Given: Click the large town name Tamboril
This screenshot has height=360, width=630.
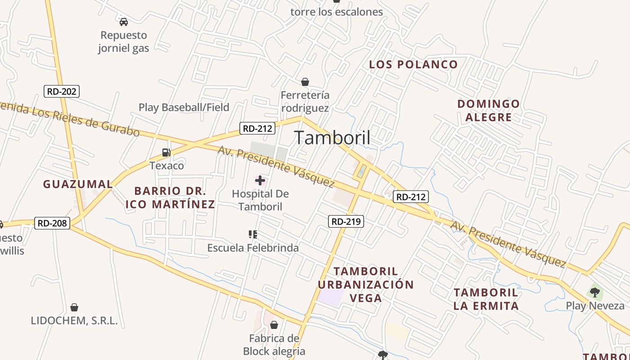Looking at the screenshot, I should [x=332, y=138].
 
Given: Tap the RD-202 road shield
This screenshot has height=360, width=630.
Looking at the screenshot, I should [x=62, y=91].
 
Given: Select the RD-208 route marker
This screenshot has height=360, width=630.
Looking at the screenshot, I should [x=52, y=223].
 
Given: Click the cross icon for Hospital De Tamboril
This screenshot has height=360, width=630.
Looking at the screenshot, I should [x=260, y=181].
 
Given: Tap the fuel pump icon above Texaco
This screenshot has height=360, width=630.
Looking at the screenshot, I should [x=166, y=153].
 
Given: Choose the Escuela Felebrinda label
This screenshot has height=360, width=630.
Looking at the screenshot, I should [x=252, y=247].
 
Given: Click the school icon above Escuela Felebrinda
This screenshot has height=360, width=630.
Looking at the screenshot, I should [x=253, y=234].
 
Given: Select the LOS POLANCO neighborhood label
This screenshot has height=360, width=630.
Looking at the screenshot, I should [x=413, y=64].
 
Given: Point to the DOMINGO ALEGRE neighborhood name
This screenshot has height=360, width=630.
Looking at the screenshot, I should [x=488, y=110].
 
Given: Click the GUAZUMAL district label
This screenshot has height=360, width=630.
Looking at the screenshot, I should [x=78, y=184].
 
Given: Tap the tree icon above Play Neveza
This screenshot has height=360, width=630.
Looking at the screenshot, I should [x=595, y=292].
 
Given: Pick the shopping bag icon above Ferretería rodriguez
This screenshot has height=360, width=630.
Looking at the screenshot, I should [x=305, y=82].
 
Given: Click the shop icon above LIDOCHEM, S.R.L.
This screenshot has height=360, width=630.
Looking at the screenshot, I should [x=74, y=308].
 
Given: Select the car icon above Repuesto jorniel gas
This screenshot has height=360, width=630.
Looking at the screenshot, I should [x=124, y=22].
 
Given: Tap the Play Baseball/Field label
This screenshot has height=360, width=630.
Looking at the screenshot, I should [x=184, y=107].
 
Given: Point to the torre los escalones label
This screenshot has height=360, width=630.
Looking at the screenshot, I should [x=337, y=12].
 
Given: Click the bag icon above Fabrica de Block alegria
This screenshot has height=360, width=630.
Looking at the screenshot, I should [x=274, y=325].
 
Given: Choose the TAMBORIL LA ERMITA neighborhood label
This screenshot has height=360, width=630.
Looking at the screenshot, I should [x=486, y=299].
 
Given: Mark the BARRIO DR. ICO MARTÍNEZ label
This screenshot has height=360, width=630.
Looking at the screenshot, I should [x=170, y=198].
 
